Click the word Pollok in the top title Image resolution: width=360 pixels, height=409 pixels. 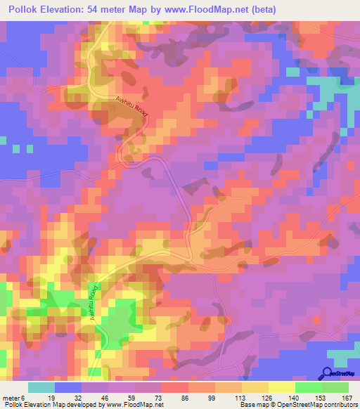tap(27, 10)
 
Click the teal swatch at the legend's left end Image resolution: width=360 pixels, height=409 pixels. tap(41, 387)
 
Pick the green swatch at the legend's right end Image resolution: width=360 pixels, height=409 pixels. tap(335, 387)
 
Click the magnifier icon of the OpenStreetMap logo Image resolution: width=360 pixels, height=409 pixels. tap(327, 372)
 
